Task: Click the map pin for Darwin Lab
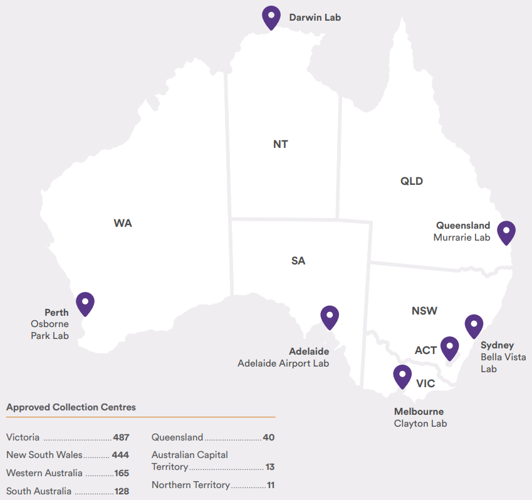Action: pos(271,16)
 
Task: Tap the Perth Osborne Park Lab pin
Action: pos(85,303)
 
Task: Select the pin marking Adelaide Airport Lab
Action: pos(330,317)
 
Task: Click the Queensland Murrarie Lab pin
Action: pos(506,232)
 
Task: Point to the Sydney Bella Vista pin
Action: pos(474,326)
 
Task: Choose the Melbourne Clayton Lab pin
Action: pos(402,376)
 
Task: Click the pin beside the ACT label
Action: pos(449,348)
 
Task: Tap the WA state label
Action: pos(123,223)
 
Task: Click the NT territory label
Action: pos(280,144)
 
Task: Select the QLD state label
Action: pos(412,182)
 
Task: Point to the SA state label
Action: pos(298,261)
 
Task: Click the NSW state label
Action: pos(424,311)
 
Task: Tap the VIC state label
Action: pos(425,383)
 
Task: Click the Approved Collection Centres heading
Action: pos(71,407)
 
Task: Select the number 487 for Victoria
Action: pos(120,437)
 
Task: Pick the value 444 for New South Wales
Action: pos(120,455)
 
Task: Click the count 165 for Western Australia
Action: pos(122,473)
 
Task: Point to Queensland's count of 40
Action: pos(268,437)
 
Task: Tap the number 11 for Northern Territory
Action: pos(270,485)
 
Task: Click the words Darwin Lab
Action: pos(315,18)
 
